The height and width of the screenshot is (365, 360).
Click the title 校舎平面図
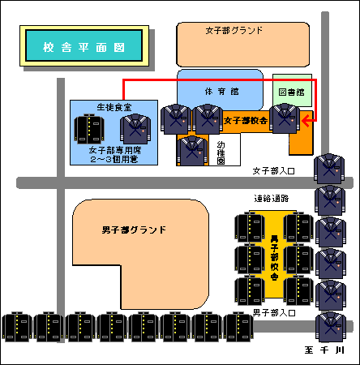pyautogui.click(x=84, y=48)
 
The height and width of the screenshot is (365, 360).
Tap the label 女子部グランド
pyautogui.click(x=234, y=30)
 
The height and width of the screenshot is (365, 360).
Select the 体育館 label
pyautogui.click(x=221, y=92)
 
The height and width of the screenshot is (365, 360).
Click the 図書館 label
pyautogui.click(x=292, y=92)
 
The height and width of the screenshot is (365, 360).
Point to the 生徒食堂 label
pyautogui.click(x=114, y=107)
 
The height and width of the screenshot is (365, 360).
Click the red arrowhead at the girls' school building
pyautogui.click(x=306, y=121)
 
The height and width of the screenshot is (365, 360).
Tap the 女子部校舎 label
pyautogui.click(x=246, y=120)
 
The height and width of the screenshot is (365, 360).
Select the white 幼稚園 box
pyautogui.click(x=225, y=149)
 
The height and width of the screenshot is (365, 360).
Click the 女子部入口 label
pyautogui.click(x=273, y=171)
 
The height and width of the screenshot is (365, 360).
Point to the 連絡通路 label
pyautogui.click(x=272, y=199)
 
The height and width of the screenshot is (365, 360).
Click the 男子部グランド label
pyautogui.click(x=134, y=230)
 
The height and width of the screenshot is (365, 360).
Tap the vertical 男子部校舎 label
pyautogui.click(x=274, y=258)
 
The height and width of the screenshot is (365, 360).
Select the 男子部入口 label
pyautogui.click(x=274, y=313)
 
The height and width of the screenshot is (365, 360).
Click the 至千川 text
pyautogui.click(x=324, y=350)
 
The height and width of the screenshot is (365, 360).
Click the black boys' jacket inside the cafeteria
pyautogui.click(x=89, y=129)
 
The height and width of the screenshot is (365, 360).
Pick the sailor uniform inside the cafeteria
pyautogui.click(x=135, y=129)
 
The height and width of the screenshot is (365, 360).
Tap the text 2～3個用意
pyautogui.click(x=114, y=159)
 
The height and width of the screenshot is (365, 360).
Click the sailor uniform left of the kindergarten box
pyautogui.click(x=192, y=151)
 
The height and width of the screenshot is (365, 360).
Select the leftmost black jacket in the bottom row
pyautogui.click(x=17, y=327)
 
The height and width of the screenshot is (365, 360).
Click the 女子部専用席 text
pyautogui.click(x=115, y=150)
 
